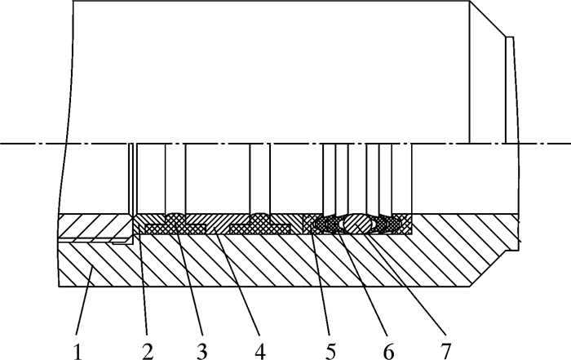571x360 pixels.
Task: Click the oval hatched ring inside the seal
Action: click(x=359, y=223)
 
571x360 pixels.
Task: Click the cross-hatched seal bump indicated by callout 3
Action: click(x=175, y=218)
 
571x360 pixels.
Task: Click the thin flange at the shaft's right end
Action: click(x=511, y=90)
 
